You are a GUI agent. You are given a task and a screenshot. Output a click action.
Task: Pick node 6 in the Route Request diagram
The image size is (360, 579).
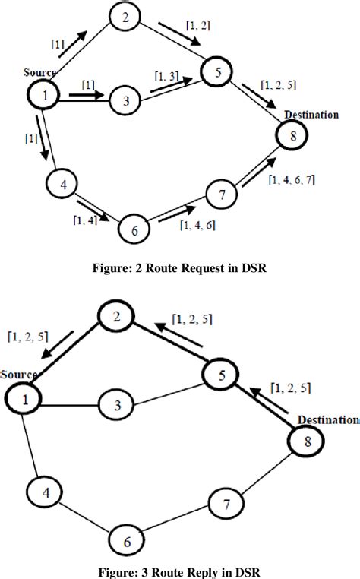134,230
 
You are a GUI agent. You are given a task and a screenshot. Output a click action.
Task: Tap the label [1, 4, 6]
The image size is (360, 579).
196,225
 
